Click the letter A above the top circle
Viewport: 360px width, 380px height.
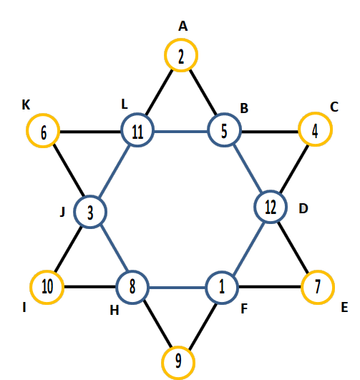pyautogui.click(x=183, y=26)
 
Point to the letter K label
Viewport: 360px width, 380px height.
pyautogui.click(x=26, y=105)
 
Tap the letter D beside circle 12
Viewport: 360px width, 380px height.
pyautogui.click(x=303, y=208)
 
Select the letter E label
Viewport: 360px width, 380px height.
pyautogui.click(x=344, y=307)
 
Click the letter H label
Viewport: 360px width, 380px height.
pyautogui.click(x=115, y=310)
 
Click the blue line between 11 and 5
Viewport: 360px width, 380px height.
pyautogui.click(x=181, y=132)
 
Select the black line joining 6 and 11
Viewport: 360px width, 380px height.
pyautogui.click(x=90, y=132)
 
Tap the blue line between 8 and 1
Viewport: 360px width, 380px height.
pyautogui.click(x=177, y=288)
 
